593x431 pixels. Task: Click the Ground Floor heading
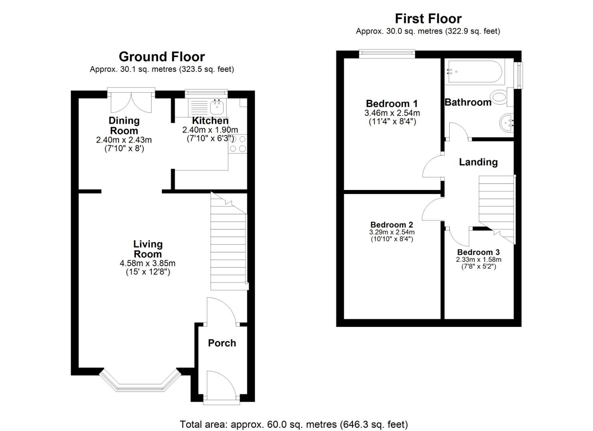pos(162,57)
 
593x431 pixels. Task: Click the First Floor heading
pos(428,19)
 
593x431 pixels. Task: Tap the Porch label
pos(222,343)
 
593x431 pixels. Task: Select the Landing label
pos(478,162)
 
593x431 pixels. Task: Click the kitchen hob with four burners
pos(238,144)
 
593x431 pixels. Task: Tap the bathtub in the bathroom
pos(475,71)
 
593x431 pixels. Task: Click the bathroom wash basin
pos(506,123)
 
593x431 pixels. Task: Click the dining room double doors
pos(131,101)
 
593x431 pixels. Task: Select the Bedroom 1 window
pos(387,53)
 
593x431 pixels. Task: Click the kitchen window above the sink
pos(206,93)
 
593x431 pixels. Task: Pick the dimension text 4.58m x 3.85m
pos(147,263)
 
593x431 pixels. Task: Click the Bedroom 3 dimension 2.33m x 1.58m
pos(478,259)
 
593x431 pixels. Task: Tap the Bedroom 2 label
pos(391,225)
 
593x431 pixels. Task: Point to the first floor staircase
pos(497,209)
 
